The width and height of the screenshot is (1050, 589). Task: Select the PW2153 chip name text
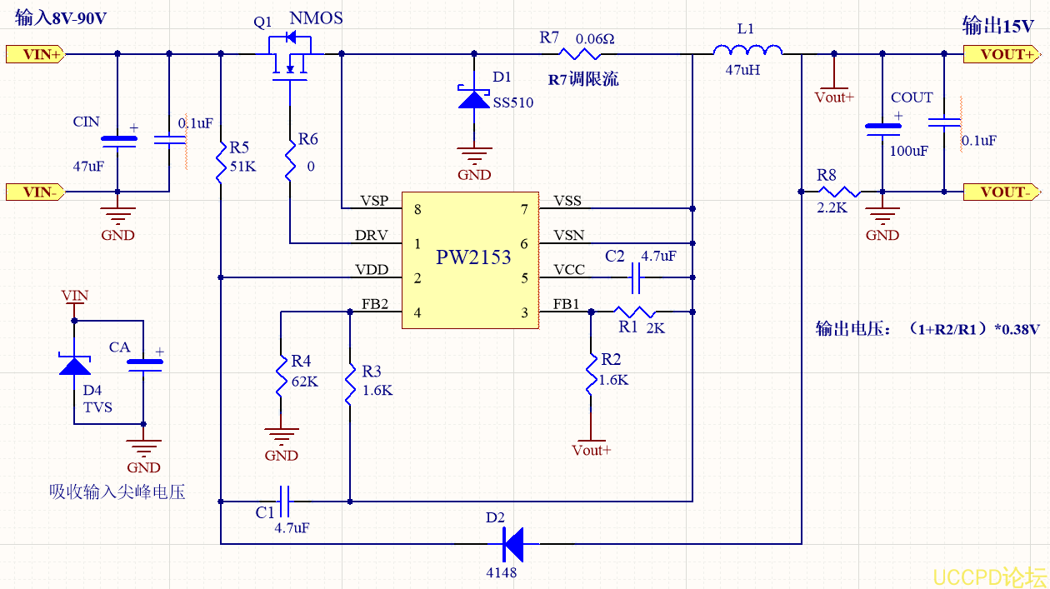pos(473,257)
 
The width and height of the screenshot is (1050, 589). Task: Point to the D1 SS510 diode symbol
pos(475,99)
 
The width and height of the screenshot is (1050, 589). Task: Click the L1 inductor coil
pos(747,53)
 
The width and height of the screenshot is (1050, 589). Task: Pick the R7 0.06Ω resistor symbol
pos(580,54)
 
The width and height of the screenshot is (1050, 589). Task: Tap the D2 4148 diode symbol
pos(512,544)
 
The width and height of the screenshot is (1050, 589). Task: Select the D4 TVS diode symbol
pos(75,365)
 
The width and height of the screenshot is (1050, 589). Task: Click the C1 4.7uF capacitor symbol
pos(284,502)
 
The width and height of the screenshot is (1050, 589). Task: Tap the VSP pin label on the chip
pos(374,202)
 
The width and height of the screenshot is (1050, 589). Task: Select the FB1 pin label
pos(566,305)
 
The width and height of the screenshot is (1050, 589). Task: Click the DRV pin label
pos(372,236)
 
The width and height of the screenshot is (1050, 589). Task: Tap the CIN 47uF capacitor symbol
pos(117,141)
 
